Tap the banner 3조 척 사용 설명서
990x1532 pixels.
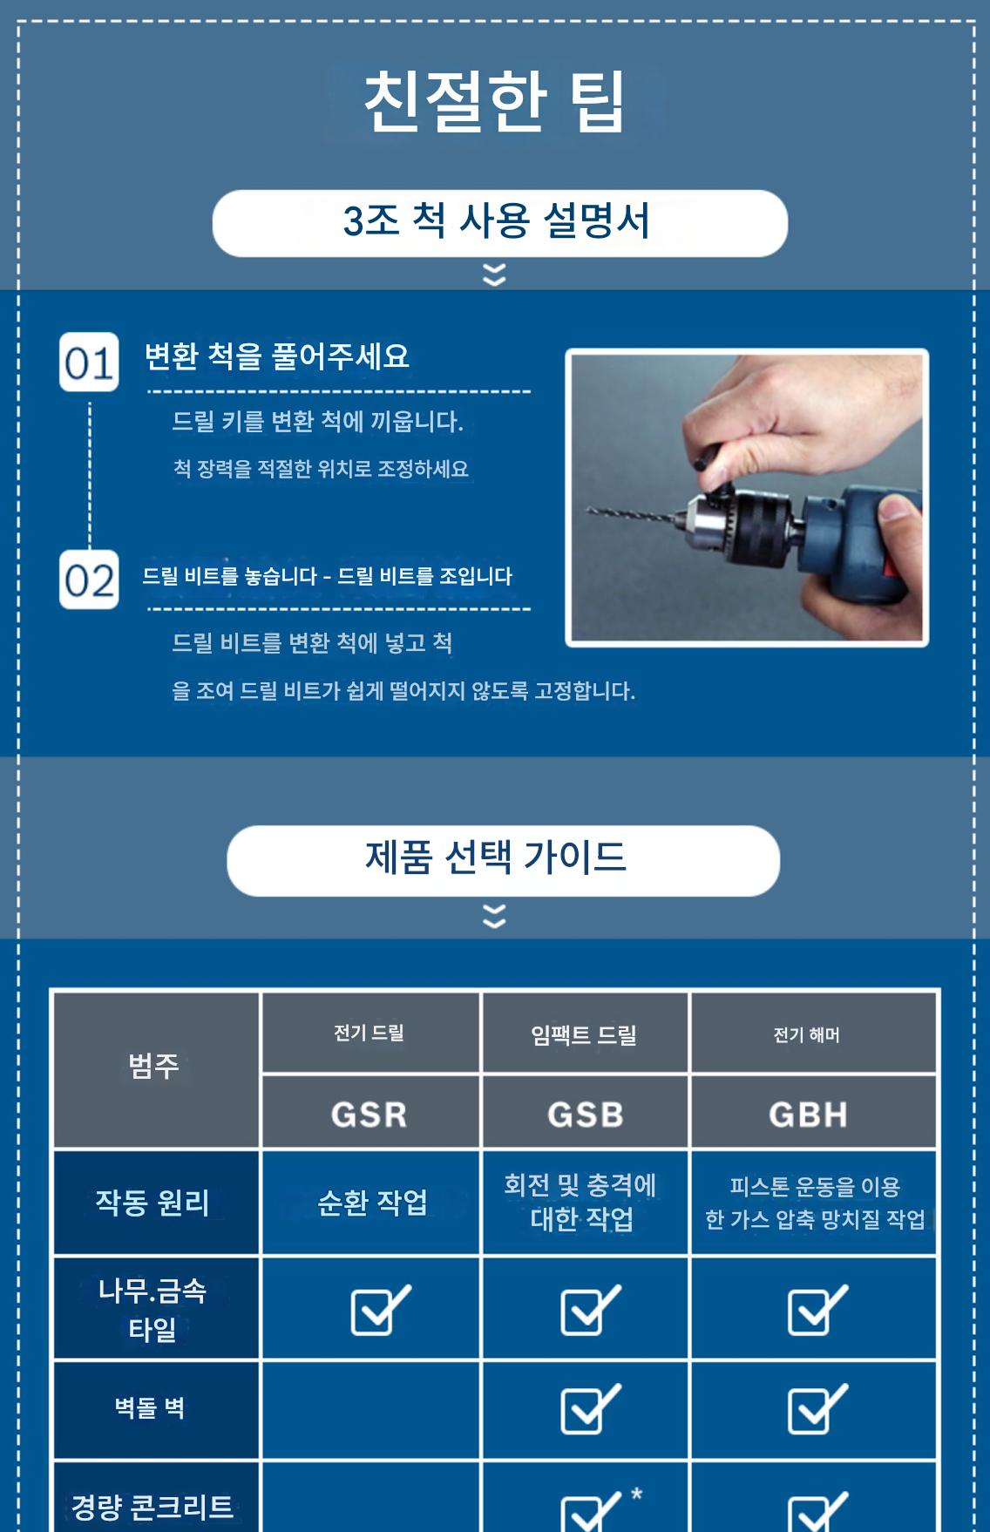(499, 223)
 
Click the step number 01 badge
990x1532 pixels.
(89, 362)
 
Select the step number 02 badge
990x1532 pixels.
(89, 579)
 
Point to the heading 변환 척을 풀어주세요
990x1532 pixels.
(276, 356)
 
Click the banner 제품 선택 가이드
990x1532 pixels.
(503, 861)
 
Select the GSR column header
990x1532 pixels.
(370, 1113)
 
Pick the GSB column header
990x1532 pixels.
(585, 1113)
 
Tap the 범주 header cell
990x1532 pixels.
(155, 1069)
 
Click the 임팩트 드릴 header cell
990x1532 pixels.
(585, 1034)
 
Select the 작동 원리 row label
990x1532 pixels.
(153, 1203)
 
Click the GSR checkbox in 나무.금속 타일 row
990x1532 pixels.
(380, 1310)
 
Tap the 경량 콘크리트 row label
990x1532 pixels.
(153, 1507)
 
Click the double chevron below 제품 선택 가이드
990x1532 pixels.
(494, 916)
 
